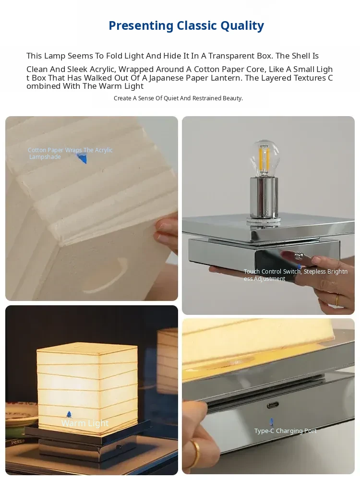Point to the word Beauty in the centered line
(233, 98)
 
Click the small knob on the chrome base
(299, 255)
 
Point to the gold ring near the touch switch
(337, 300)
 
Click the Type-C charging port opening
(272, 405)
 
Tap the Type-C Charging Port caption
(285, 431)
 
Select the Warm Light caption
(85, 423)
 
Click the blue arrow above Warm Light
(69, 415)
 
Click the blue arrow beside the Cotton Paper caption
(82, 158)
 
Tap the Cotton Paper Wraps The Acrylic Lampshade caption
(70, 154)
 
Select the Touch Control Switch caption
(295, 275)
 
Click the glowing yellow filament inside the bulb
(264, 157)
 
